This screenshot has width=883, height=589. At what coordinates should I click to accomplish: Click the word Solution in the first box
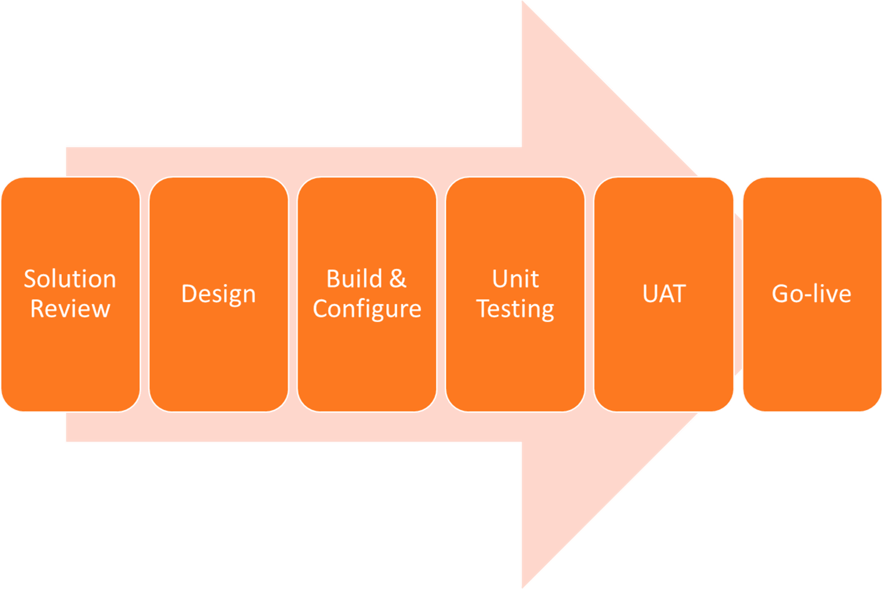(x=70, y=279)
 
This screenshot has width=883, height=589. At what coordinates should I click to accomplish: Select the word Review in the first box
(x=70, y=308)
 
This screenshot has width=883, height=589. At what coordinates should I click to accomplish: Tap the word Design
(x=219, y=294)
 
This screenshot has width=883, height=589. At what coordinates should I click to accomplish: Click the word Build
(x=354, y=279)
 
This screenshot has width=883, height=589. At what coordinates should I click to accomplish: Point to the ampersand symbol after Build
(x=397, y=279)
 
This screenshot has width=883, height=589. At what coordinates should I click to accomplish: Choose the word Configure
(x=367, y=308)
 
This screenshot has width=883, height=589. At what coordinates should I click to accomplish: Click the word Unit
(x=515, y=279)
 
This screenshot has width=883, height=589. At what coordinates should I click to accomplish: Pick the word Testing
(x=515, y=308)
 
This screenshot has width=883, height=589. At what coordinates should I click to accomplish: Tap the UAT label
(x=664, y=294)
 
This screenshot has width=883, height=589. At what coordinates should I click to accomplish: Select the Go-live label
(x=811, y=294)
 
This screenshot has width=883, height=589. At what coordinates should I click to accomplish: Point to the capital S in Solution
(x=30, y=279)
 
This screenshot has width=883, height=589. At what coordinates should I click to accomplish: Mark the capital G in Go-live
(x=781, y=294)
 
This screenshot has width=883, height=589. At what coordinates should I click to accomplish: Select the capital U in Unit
(x=501, y=279)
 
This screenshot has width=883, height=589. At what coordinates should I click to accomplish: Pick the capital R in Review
(x=38, y=308)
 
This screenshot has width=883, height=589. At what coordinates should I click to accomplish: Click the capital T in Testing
(x=484, y=308)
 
